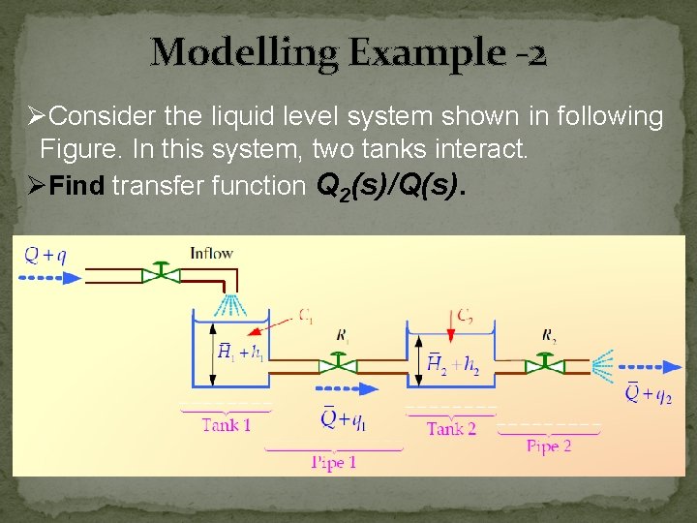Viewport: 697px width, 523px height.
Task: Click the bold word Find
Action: coord(76,186)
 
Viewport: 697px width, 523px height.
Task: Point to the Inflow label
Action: coord(212,254)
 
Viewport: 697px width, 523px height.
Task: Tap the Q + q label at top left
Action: coord(45,256)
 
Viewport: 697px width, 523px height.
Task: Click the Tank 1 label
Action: coord(227,425)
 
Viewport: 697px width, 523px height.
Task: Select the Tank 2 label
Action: coord(451,428)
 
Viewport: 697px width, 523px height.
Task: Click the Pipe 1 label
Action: coord(333,462)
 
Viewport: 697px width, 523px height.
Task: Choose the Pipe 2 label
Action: coord(549,446)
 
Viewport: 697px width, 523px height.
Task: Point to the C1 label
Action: coord(305,315)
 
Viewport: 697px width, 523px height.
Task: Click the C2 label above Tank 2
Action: coord(466,316)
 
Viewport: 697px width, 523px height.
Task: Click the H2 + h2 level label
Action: coord(453,364)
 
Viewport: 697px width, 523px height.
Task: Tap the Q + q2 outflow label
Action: coord(649,392)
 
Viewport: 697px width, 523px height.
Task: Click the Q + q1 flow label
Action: coord(343,419)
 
